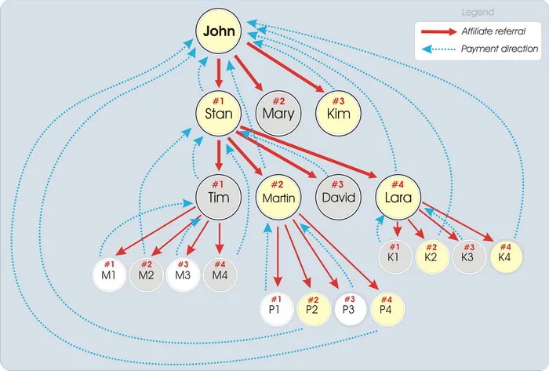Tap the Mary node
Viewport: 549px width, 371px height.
click(278, 115)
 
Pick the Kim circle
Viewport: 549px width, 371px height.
click(340, 115)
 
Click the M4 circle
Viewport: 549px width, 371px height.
click(220, 274)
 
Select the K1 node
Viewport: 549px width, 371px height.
click(394, 254)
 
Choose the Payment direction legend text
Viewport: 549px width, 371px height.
click(499, 49)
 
